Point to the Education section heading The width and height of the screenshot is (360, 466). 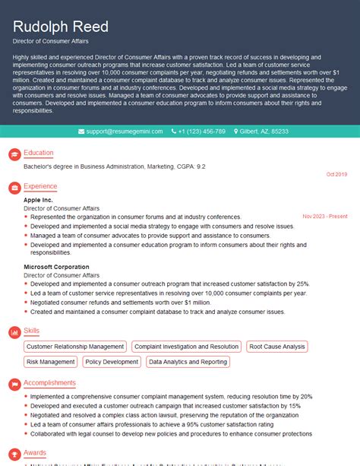coord(38,153)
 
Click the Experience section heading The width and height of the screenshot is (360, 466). coord(40,186)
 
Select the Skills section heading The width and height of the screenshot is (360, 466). coord(31,331)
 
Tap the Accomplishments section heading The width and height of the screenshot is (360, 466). coord(49,382)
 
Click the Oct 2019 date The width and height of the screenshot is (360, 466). coord(336,175)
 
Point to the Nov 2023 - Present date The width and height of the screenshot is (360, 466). coord(324,217)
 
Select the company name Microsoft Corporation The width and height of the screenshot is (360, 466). coord(56,267)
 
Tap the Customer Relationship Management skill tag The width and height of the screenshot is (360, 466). coord(74,347)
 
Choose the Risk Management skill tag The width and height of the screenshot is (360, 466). coord(51,363)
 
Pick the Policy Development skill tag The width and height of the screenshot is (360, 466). coord(112,363)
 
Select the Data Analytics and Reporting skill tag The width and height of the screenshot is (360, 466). coord(188,363)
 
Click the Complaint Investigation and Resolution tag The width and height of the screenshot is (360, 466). coord(186,347)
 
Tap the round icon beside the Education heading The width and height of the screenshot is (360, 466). coord(13,154)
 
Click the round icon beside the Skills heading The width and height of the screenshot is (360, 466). coord(13,332)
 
